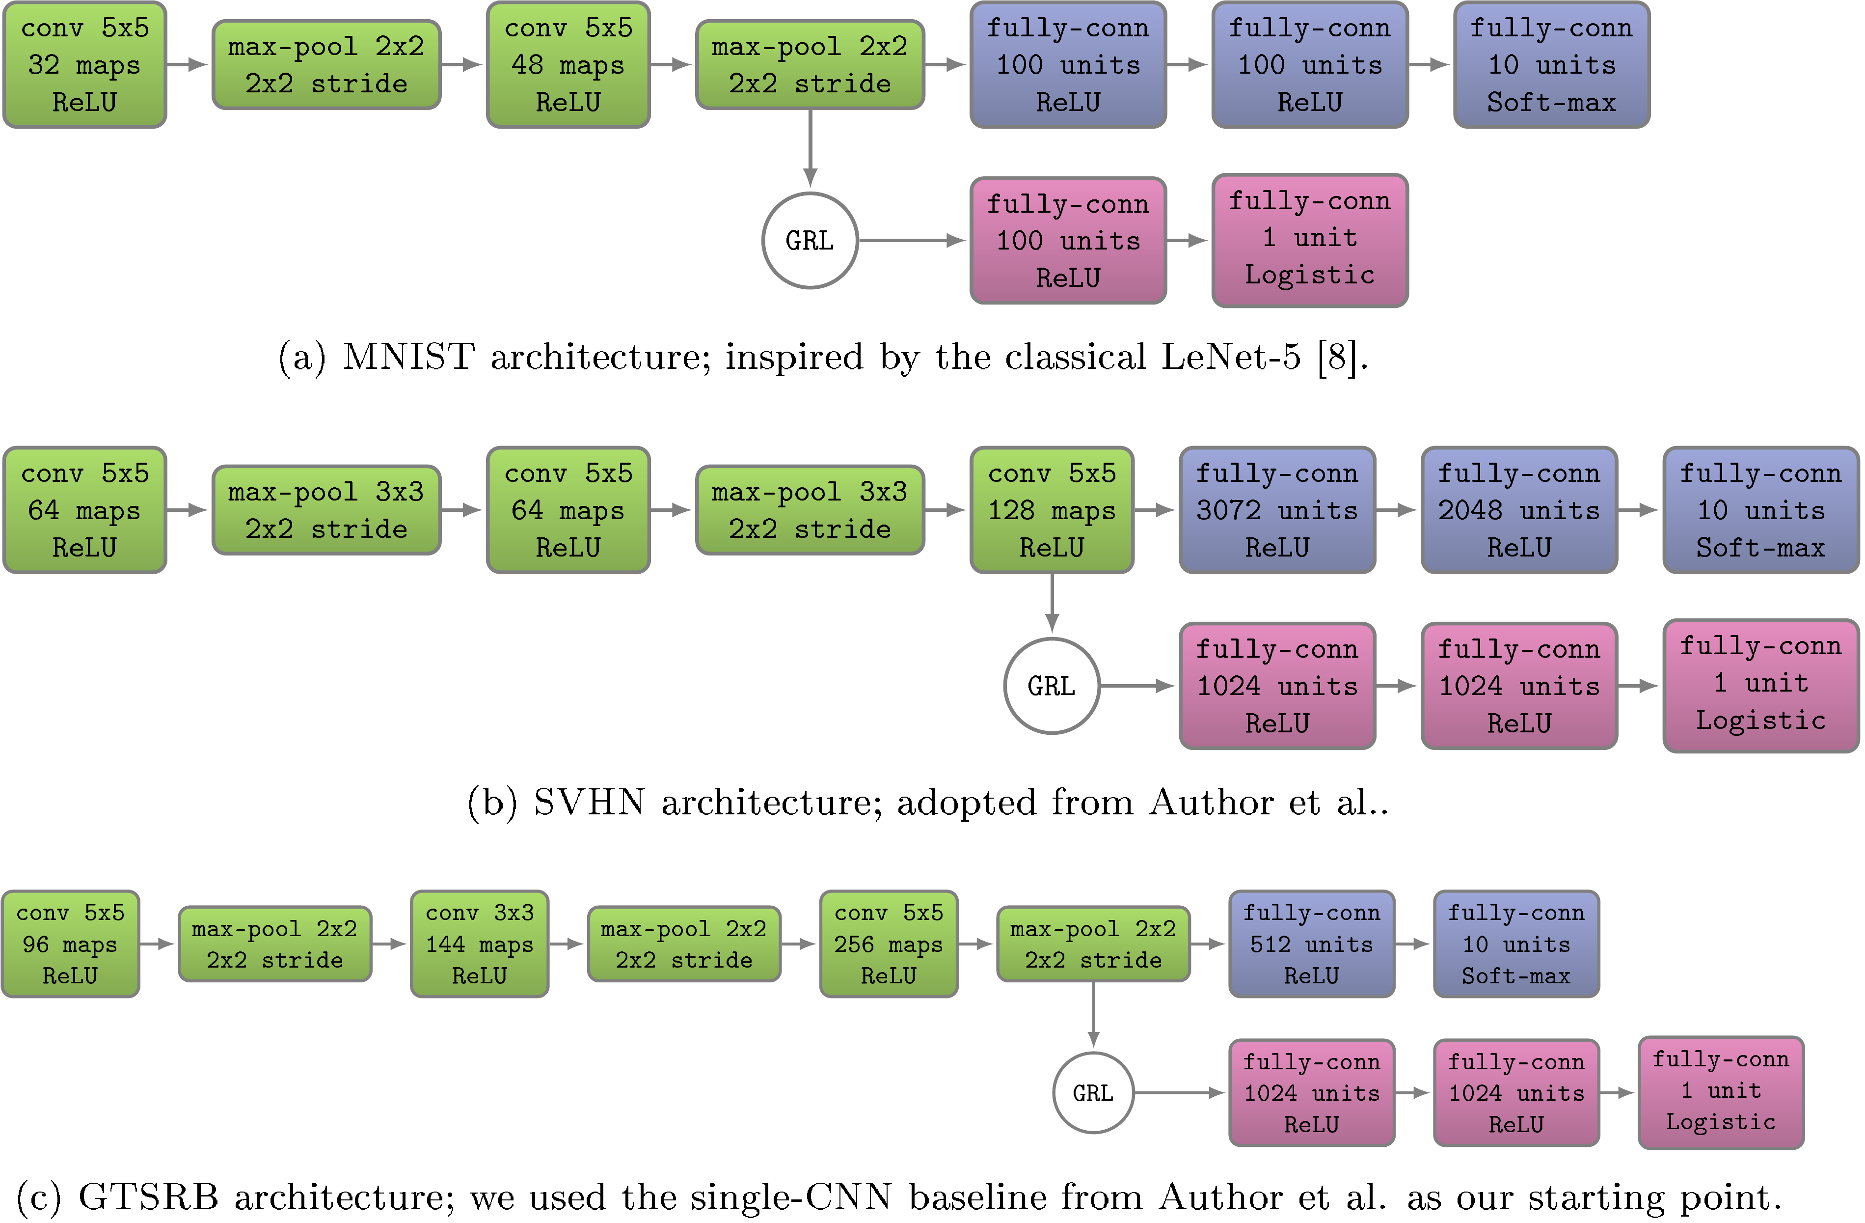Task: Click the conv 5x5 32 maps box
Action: (x=84, y=65)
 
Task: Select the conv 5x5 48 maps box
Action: (x=568, y=65)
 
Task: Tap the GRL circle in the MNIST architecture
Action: (x=810, y=241)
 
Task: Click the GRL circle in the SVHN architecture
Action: (x=1051, y=686)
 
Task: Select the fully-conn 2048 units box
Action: (x=1518, y=510)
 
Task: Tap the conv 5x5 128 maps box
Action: (x=1051, y=510)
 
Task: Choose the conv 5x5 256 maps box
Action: (x=888, y=944)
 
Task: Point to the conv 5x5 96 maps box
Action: (x=71, y=944)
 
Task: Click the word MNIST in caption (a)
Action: (x=408, y=358)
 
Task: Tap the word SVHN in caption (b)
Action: (x=589, y=803)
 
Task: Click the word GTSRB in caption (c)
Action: (x=148, y=1197)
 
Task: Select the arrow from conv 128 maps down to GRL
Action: (x=1052, y=602)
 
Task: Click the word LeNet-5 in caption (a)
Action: (x=1230, y=358)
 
